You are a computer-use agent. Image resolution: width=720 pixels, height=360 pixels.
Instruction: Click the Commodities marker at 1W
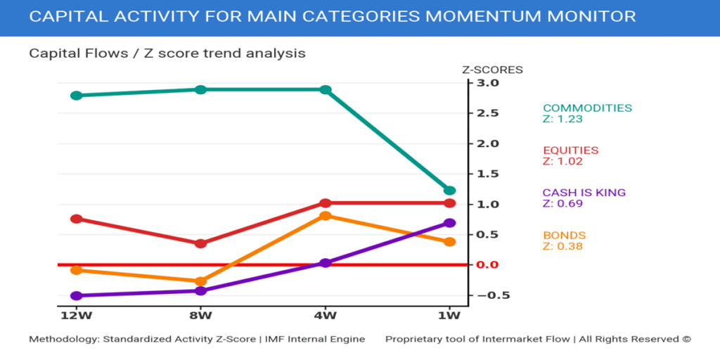[450, 191]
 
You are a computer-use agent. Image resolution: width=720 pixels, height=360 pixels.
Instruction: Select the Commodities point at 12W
[77, 96]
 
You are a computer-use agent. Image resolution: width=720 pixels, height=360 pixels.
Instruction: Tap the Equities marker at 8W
[200, 243]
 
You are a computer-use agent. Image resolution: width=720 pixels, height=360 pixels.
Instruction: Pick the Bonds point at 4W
[326, 216]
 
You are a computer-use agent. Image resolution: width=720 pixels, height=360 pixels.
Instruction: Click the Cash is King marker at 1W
[450, 223]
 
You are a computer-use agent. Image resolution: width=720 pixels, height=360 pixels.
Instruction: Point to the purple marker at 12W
[77, 296]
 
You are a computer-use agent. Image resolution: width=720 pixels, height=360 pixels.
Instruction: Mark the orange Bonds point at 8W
[200, 281]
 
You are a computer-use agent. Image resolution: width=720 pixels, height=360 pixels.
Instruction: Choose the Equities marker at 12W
[77, 219]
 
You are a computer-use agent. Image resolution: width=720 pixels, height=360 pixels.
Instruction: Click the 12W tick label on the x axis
[77, 314]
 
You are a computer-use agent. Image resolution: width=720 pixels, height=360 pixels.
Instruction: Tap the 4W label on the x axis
[326, 314]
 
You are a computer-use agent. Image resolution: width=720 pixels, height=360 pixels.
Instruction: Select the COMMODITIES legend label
[587, 108]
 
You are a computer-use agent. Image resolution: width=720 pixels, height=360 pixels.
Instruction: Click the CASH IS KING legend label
[584, 193]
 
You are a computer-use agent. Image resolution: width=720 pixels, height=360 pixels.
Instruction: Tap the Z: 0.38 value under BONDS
[562, 246]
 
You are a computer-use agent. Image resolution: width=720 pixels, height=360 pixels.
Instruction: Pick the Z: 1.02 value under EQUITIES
[562, 161]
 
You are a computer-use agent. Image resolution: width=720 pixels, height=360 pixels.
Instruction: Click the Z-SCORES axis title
[492, 70]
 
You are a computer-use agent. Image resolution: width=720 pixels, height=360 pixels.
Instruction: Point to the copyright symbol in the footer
[686, 339]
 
